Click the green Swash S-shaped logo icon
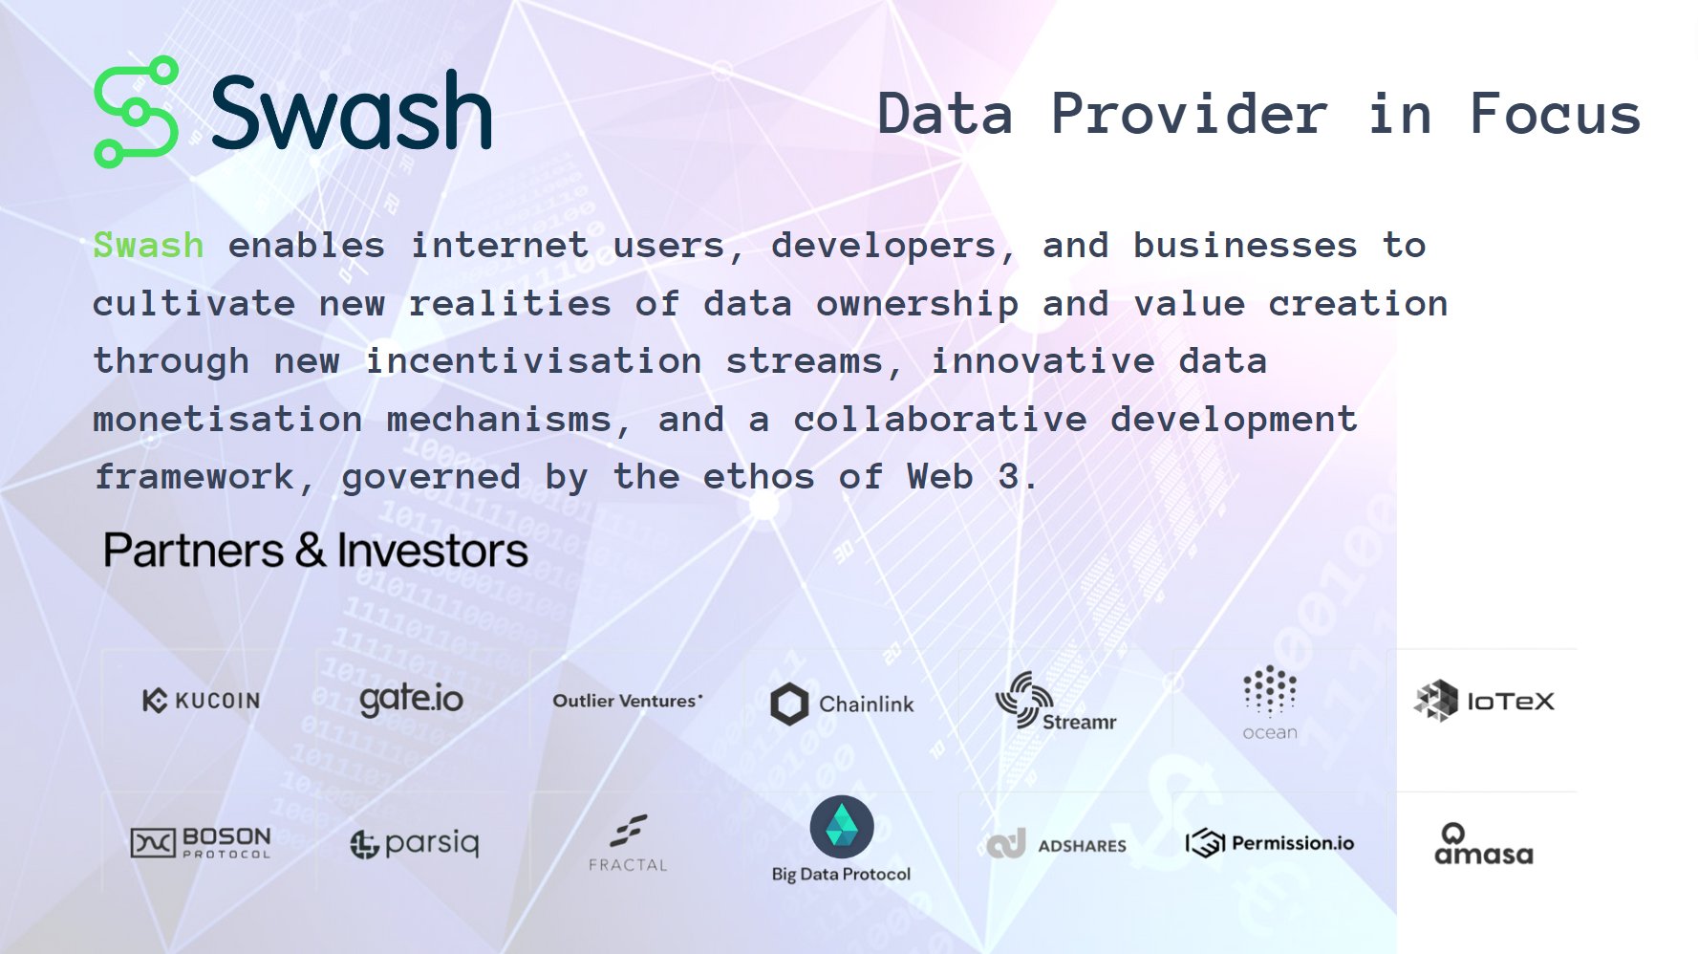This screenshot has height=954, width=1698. (x=137, y=112)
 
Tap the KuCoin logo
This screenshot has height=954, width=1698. (x=201, y=701)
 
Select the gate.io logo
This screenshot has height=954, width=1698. (x=411, y=700)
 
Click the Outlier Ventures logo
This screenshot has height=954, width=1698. (x=627, y=701)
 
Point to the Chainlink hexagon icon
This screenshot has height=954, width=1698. (x=789, y=705)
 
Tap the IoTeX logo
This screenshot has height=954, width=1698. (x=1483, y=702)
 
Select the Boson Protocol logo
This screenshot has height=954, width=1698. (x=201, y=842)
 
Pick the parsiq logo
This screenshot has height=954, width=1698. (x=415, y=843)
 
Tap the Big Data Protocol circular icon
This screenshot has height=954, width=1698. (x=841, y=827)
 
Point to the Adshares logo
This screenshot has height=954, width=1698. (x=1056, y=845)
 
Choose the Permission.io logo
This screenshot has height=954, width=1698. (x=1270, y=843)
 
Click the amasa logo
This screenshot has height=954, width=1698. (x=1483, y=845)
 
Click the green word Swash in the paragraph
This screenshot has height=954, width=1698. (x=148, y=246)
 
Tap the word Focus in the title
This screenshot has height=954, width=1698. (x=1555, y=115)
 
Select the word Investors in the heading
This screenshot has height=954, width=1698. (x=432, y=551)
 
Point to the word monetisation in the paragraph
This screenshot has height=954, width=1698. (x=227, y=420)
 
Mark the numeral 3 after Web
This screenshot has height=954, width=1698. (x=1008, y=476)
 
